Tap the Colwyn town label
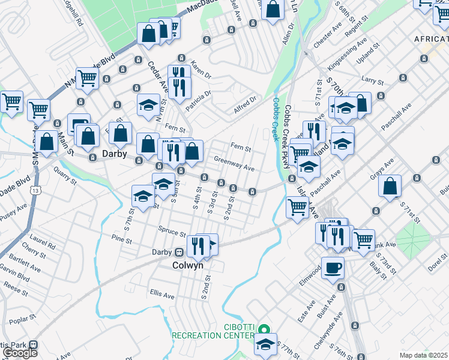[x=188, y=265]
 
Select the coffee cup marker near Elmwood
[x=333, y=268]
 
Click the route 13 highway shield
[x=37, y=190]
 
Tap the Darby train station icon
[x=178, y=252]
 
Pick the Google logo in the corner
[x=19, y=353]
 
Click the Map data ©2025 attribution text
[x=423, y=355]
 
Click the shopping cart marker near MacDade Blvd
[x=88, y=78]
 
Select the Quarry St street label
[x=66, y=178]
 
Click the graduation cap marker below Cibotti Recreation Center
[x=265, y=344]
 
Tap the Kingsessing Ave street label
[x=346, y=52]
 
